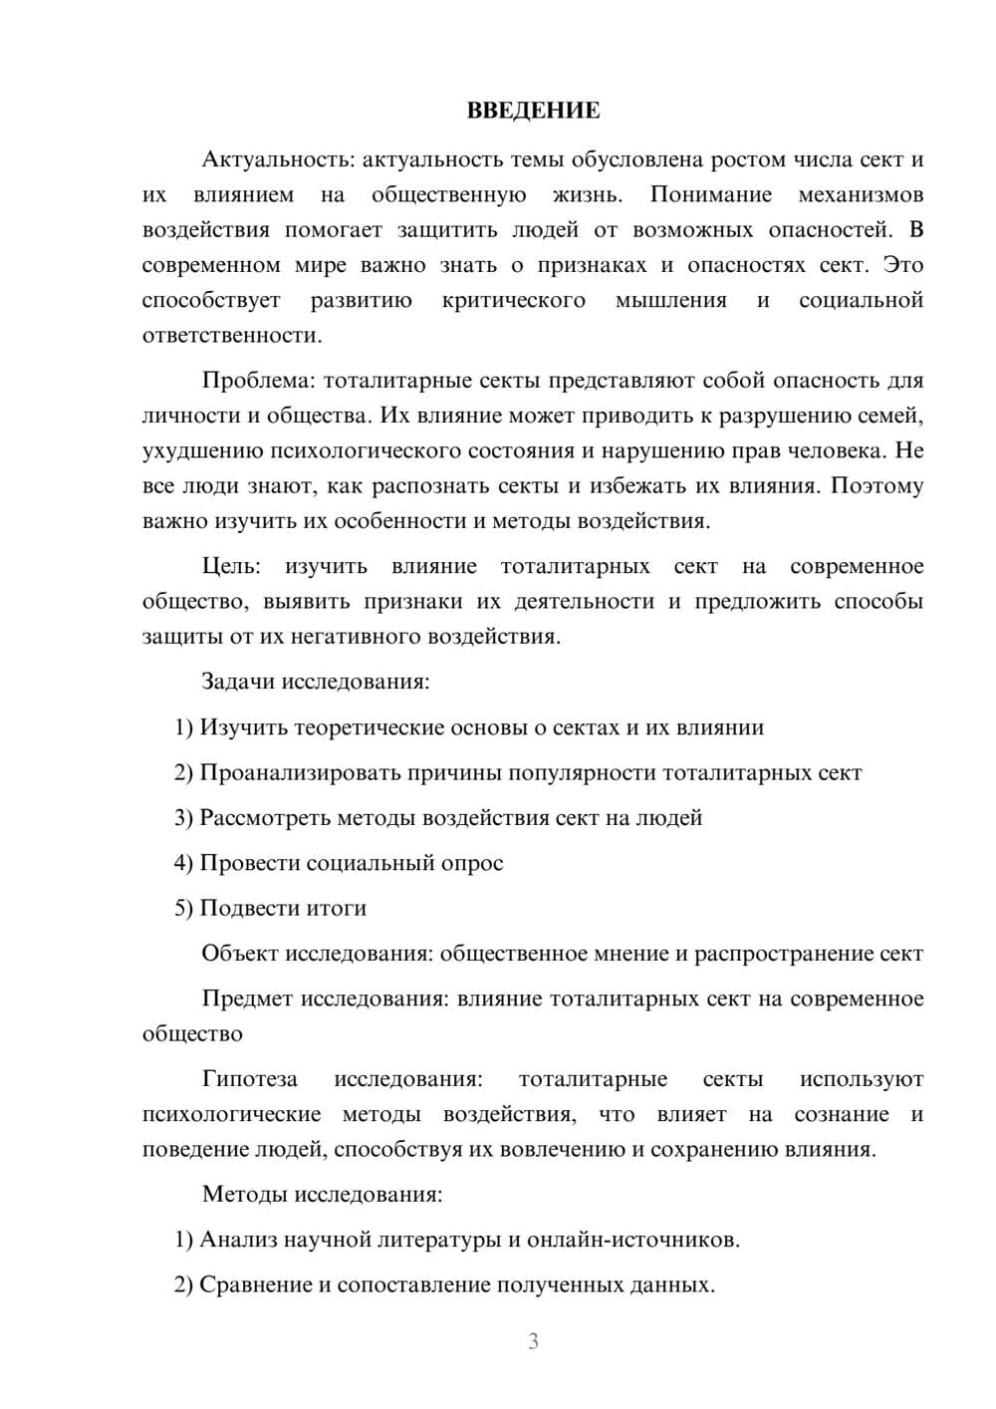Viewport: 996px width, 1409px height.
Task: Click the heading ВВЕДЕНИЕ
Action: [x=533, y=111]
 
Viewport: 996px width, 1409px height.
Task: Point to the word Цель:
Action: [x=231, y=566]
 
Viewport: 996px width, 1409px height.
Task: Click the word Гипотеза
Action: [x=249, y=1079]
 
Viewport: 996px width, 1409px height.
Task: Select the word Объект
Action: [x=240, y=954]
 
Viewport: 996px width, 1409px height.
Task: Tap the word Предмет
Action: [x=248, y=998]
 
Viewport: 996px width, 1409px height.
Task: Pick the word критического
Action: [x=514, y=300]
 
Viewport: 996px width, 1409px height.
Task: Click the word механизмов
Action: [x=861, y=194]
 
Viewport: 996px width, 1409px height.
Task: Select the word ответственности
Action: [x=231, y=335]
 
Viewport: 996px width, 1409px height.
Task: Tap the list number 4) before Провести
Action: [x=183, y=863]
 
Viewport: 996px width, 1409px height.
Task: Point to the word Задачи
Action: [x=238, y=683]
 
